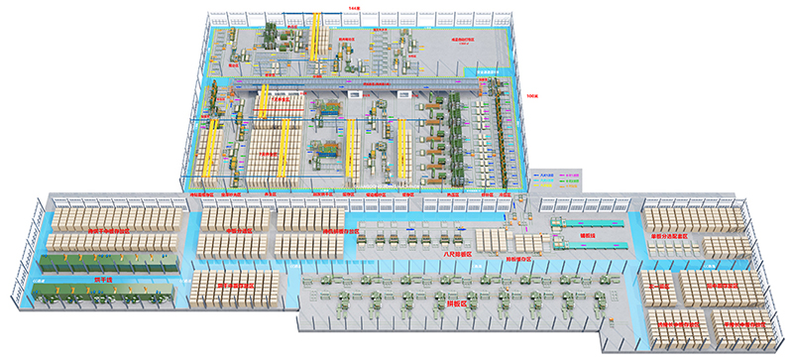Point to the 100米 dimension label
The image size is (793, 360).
tap(532, 97)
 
